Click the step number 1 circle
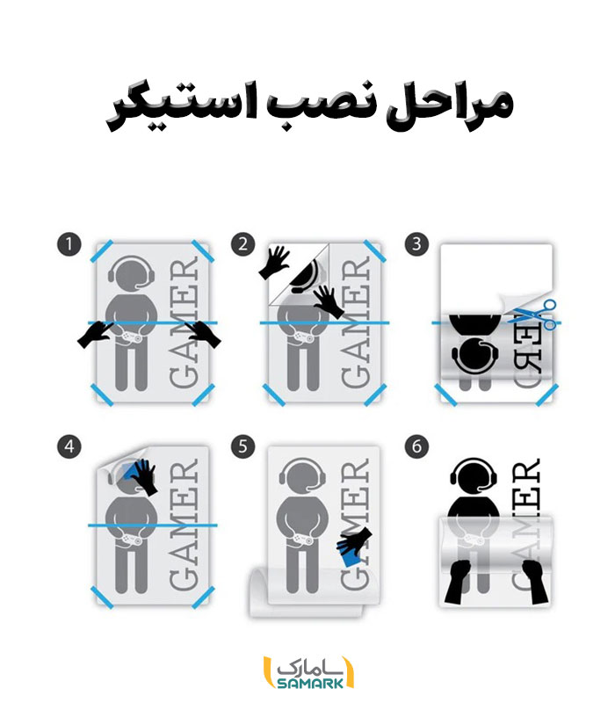(69, 244)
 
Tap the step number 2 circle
(243, 244)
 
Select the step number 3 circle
(416, 244)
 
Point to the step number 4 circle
(69, 446)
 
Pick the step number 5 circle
(243, 446)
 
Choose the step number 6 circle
(416, 446)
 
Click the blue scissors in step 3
(533, 315)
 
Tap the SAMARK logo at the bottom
(308, 672)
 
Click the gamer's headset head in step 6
(474, 475)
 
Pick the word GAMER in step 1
(184, 322)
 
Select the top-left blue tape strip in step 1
(102, 251)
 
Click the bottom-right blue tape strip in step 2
(375, 395)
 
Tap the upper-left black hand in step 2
(274, 262)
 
